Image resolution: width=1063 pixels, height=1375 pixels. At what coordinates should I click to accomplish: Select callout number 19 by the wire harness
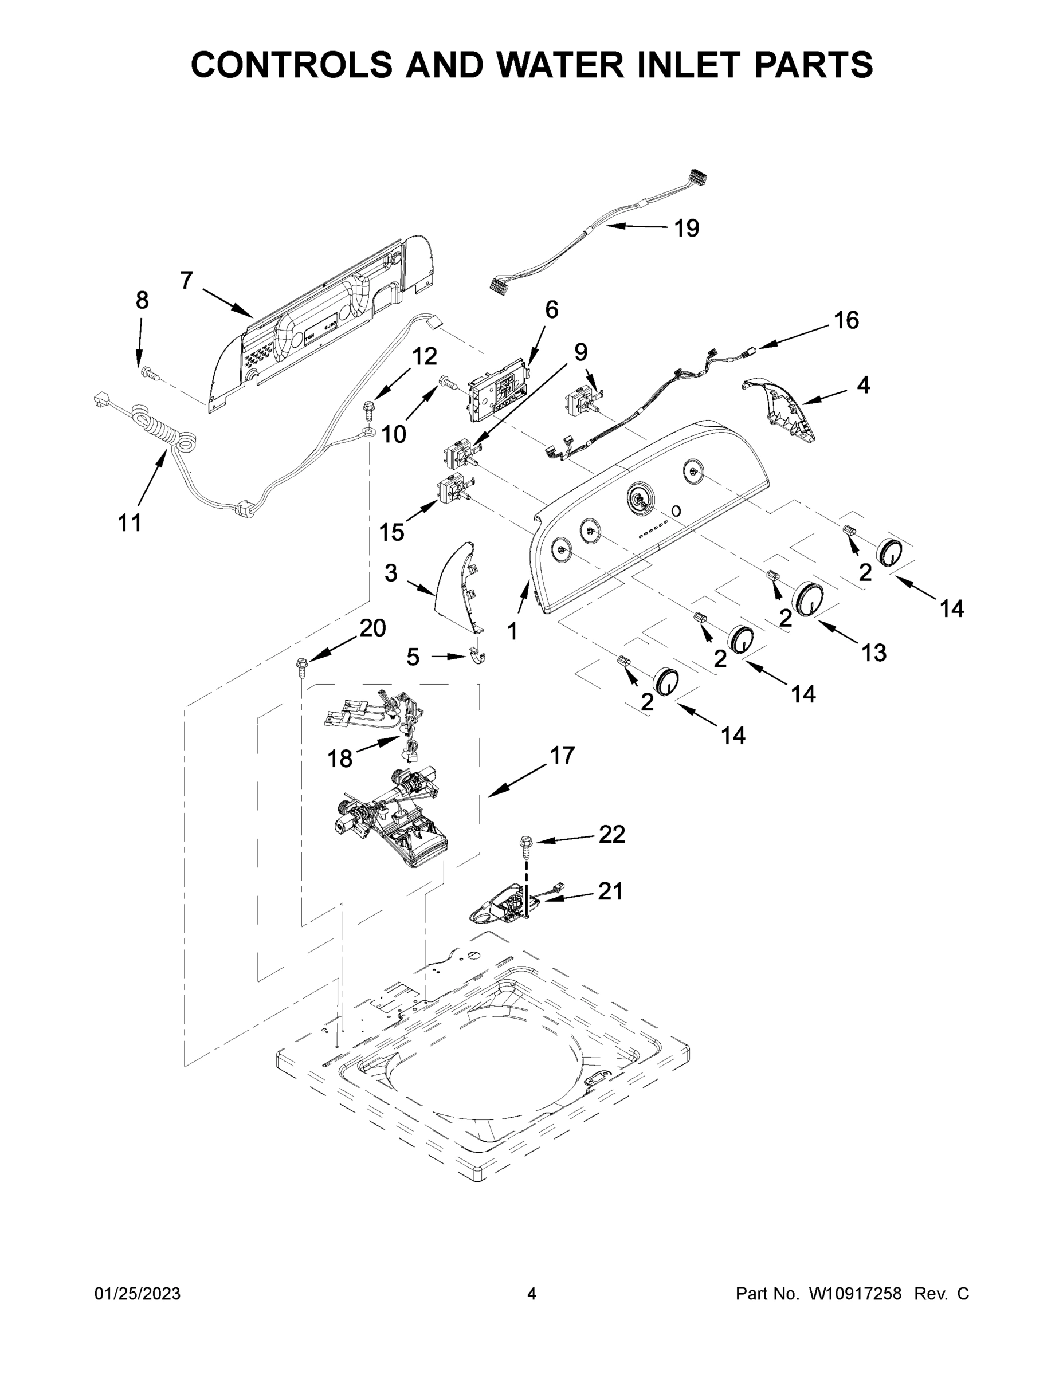[x=687, y=228]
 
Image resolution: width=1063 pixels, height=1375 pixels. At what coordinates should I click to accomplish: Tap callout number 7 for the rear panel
[x=186, y=280]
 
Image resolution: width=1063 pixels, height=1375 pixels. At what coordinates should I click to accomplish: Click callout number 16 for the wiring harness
[x=846, y=320]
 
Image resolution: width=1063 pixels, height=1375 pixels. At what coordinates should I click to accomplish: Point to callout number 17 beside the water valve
[x=562, y=754]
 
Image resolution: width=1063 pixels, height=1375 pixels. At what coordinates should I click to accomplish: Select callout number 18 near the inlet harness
[x=339, y=758]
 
